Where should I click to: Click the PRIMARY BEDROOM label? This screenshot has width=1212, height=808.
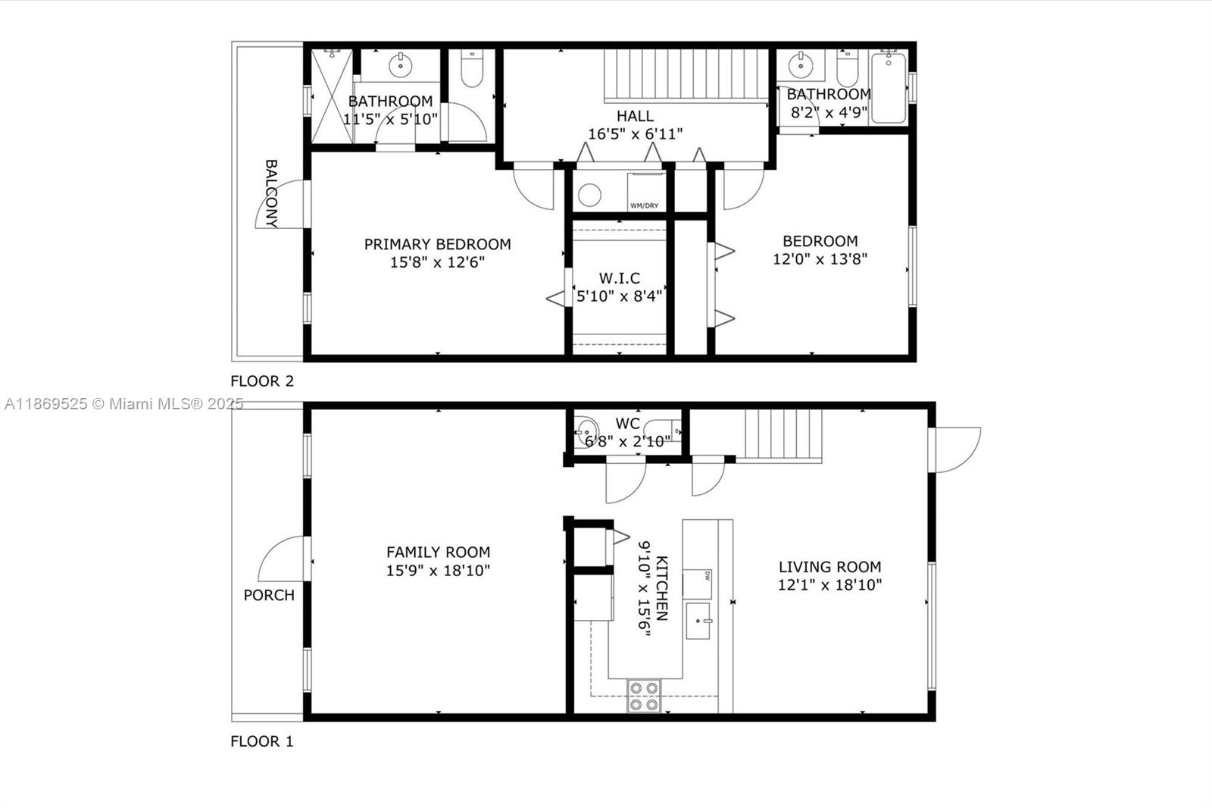437,244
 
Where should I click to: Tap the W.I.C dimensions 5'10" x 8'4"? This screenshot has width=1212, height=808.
619,296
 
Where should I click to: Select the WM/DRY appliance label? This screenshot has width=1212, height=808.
644,205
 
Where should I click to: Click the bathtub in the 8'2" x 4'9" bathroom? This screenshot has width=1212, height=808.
888,88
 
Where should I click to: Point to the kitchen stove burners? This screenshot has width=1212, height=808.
644,696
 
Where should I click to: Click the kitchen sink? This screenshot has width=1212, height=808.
698,621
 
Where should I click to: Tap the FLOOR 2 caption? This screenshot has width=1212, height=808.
262,381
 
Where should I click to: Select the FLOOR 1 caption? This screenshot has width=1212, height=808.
262,741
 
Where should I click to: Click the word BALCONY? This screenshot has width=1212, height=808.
271,193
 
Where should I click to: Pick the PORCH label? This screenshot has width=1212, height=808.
269,595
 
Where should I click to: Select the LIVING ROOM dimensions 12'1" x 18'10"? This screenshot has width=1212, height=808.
829,584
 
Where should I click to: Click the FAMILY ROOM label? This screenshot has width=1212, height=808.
438,552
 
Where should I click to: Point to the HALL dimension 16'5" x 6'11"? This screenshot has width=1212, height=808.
635,134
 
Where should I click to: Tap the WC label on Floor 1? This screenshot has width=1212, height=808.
627,424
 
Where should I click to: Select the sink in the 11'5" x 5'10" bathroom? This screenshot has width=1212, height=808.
400,66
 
